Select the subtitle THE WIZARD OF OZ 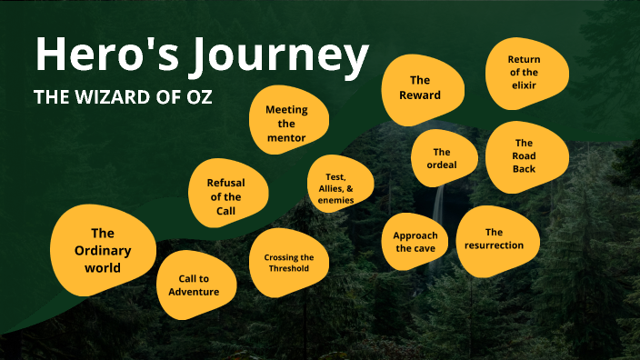coord(123,97)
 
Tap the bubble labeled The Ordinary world coord(102,250)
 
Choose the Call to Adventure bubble coord(194,285)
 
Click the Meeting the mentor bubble coord(286,124)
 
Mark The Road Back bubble coord(524,155)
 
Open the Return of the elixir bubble coord(524,72)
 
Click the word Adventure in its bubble coord(194,292)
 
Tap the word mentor coord(286,138)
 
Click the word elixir coord(524,85)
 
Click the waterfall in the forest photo coord(440,205)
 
